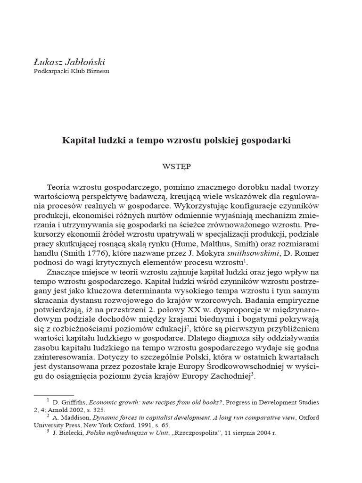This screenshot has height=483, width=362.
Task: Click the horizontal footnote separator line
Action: point(53,394)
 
